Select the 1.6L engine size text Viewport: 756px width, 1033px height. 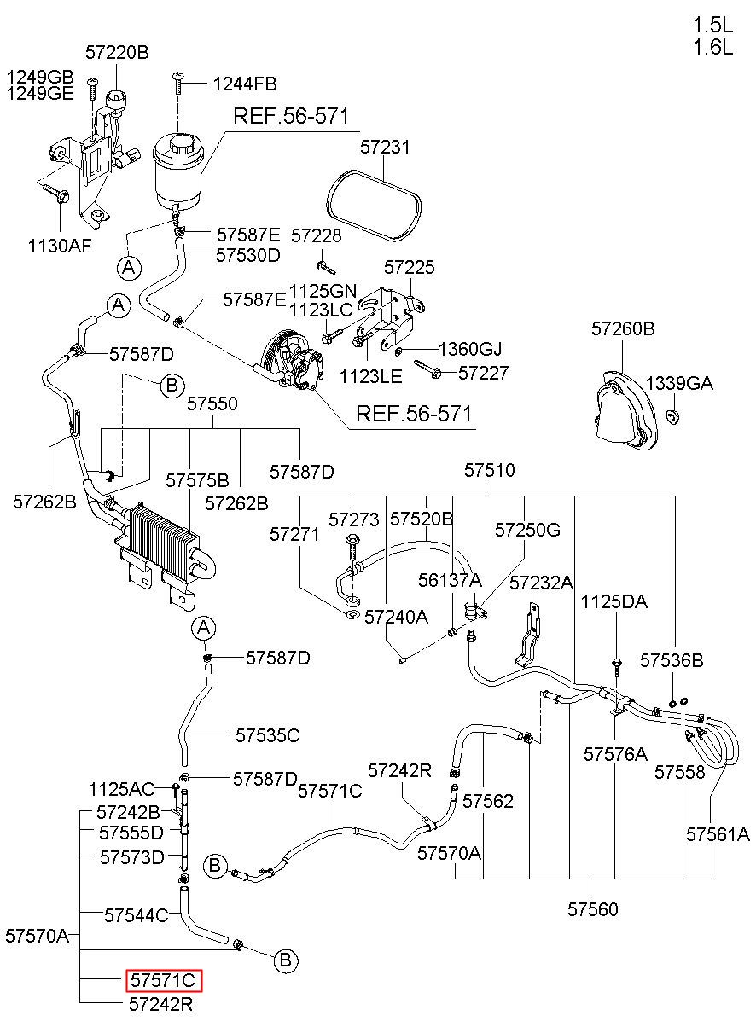click(713, 47)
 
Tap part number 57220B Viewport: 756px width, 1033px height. click(117, 53)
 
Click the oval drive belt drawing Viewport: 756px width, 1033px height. click(374, 206)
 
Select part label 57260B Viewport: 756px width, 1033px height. click(623, 328)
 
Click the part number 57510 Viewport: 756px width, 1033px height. click(490, 470)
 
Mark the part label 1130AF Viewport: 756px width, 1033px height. click(60, 247)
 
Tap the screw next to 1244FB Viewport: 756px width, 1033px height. click(178, 83)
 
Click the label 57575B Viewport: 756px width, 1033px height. click(197, 480)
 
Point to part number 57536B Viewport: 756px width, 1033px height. click(672, 661)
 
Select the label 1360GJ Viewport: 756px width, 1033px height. click(470, 349)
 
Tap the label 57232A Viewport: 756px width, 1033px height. click(542, 583)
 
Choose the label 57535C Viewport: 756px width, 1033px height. click(268, 735)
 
